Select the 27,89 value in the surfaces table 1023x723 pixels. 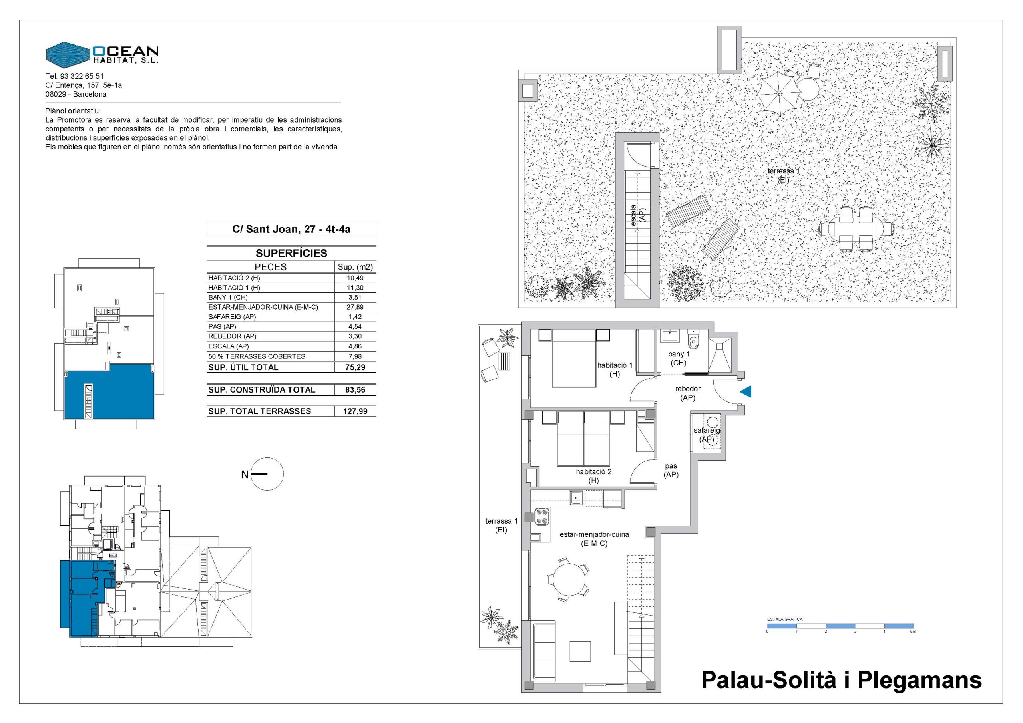pyautogui.click(x=355, y=307)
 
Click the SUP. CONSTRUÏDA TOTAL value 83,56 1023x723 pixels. pyautogui.click(x=355, y=390)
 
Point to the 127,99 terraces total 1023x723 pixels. pyautogui.click(x=355, y=411)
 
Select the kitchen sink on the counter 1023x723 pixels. pyautogui.click(x=576, y=498)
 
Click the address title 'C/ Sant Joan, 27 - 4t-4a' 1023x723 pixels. pyautogui.click(x=291, y=229)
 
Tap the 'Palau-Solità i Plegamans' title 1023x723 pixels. pyautogui.click(x=842, y=680)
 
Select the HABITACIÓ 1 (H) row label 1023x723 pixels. pyautogui.click(x=234, y=288)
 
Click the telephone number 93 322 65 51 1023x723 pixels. pyautogui.click(x=82, y=77)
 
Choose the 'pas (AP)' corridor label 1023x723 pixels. pyautogui.click(x=671, y=471)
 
